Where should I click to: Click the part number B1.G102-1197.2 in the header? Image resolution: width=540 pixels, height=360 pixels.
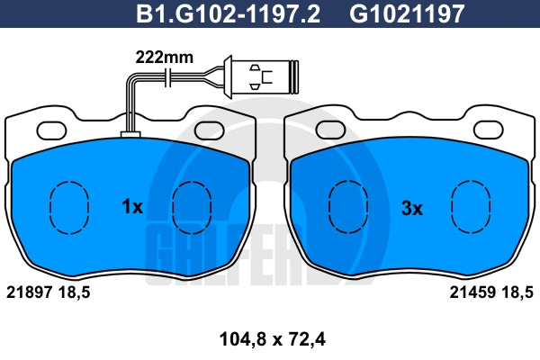[228, 14]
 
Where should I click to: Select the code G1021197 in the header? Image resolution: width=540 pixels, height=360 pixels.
[407, 14]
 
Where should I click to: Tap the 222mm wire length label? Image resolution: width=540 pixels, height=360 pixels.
[165, 58]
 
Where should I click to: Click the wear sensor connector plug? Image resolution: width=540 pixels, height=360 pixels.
[261, 76]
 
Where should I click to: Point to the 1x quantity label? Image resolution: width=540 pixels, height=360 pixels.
[132, 207]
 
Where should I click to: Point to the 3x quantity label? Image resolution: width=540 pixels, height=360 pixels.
[412, 209]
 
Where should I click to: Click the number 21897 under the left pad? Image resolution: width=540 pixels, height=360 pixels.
[30, 292]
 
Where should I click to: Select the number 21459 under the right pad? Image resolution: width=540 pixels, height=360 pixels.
[472, 292]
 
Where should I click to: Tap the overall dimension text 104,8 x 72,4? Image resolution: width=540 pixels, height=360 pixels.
[272, 339]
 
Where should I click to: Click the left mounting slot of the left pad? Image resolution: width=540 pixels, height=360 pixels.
[51, 130]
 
